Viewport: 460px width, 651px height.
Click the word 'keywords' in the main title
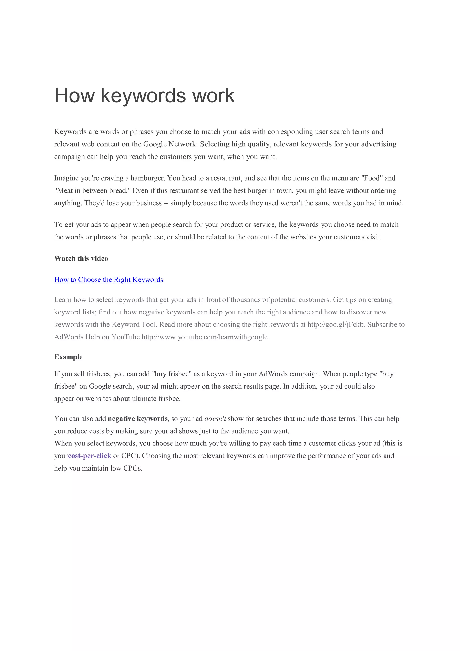(x=143, y=95)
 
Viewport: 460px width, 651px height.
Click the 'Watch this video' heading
(x=81, y=258)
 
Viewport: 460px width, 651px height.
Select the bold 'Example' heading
(x=68, y=357)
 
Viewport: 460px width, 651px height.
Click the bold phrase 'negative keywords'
(x=138, y=418)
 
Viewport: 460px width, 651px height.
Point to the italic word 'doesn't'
(x=215, y=418)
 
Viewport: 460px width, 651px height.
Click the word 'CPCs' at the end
(x=133, y=468)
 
